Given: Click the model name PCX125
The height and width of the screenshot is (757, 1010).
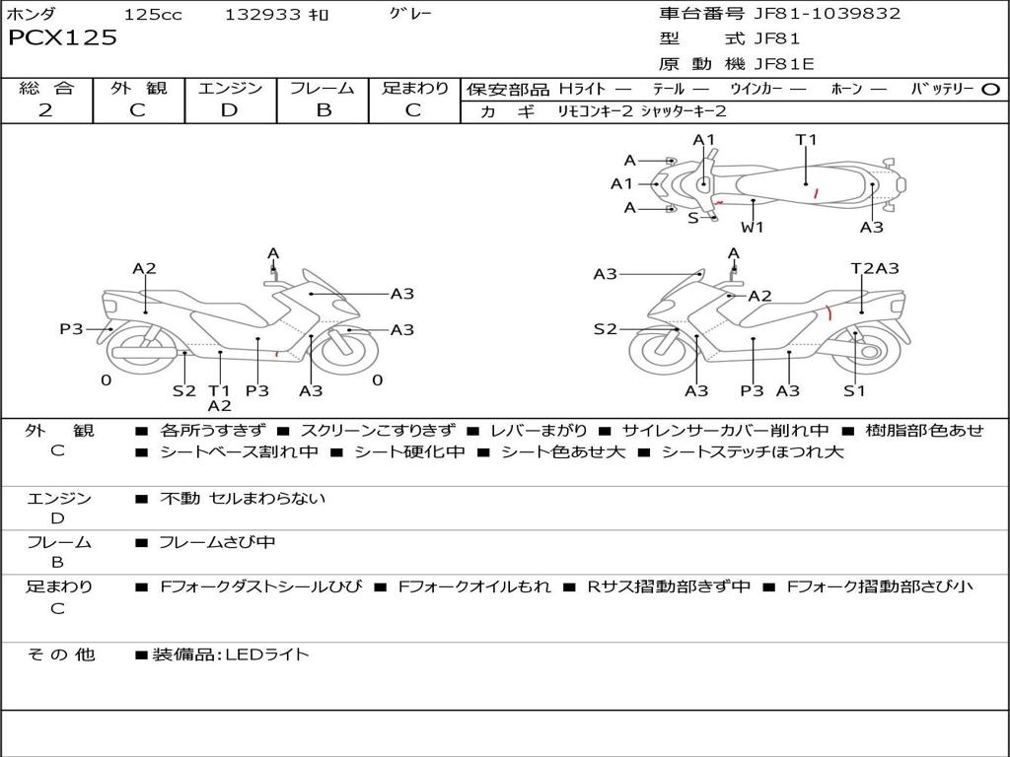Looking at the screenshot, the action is (x=63, y=38).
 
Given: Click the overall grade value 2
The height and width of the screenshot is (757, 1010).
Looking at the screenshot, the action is (x=45, y=110).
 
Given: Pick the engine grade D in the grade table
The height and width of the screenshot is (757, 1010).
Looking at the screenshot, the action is (x=229, y=110).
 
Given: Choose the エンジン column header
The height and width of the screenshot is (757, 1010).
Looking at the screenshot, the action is (x=230, y=89).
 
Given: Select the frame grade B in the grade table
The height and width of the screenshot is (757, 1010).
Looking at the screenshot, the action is (x=323, y=110).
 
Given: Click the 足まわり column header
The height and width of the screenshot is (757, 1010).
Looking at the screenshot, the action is (x=415, y=89).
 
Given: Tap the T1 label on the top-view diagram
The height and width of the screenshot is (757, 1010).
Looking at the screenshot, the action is (x=807, y=140).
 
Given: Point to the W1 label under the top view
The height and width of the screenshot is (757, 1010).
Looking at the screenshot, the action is (x=753, y=228).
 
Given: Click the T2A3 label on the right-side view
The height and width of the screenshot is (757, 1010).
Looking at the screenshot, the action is (x=875, y=268).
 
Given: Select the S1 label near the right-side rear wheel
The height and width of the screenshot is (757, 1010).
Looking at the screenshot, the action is (x=854, y=391).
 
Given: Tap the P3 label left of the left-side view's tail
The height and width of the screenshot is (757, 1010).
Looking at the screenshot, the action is (x=71, y=329).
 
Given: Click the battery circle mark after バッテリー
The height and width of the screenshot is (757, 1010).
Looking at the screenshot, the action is (x=990, y=89).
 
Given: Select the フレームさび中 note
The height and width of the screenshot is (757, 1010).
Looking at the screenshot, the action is (x=218, y=542).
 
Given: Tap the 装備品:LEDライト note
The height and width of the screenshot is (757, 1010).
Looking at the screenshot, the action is (x=230, y=654).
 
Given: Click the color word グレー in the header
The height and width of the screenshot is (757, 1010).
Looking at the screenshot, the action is (x=410, y=14).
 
